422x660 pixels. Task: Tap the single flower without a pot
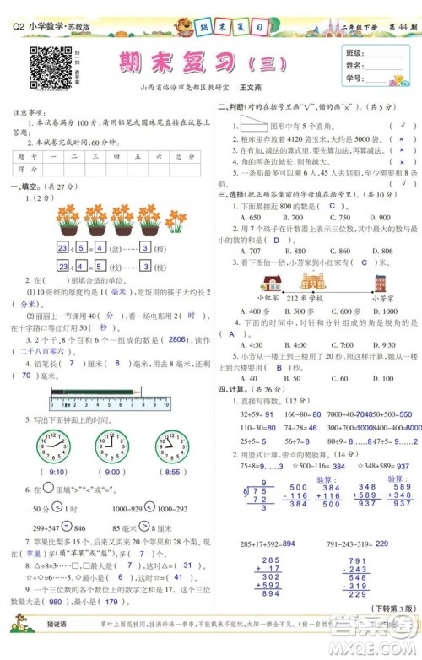[x=177, y=220]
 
